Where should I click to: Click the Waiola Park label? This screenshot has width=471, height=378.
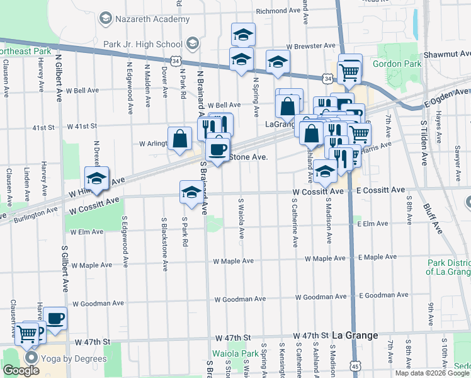click(x=235, y=353)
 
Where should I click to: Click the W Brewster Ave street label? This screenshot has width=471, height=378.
click(x=310, y=46)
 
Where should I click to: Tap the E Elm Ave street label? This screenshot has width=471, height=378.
click(x=371, y=224)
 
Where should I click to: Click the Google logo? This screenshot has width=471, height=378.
click(x=21, y=370)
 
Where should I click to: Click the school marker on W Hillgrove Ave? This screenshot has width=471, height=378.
click(x=97, y=180)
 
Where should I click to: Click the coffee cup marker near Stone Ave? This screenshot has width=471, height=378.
click(x=218, y=151)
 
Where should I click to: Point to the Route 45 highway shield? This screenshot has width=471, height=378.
click(x=356, y=365)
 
